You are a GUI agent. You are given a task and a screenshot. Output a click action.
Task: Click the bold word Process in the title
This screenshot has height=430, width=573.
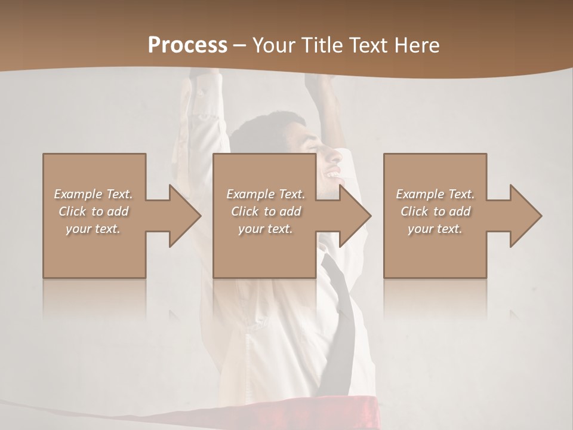(x=187, y=45)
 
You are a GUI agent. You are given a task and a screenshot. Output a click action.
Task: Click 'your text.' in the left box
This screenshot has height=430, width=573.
(x=93, y=229)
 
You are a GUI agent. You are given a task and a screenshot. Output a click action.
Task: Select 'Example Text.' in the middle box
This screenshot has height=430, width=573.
(x=266, y=194)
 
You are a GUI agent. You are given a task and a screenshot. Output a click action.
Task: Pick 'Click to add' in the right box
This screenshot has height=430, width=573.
(x=436, y=211)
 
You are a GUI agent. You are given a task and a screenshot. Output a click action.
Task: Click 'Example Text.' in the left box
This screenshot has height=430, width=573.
(x=93, y=194)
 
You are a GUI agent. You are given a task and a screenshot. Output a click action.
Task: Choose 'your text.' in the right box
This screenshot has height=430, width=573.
(x=436, y=229)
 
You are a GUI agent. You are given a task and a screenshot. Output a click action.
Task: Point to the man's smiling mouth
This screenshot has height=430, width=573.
(x=332, y=174)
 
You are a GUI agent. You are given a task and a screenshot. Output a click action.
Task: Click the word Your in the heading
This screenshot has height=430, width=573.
(x=274, y=45)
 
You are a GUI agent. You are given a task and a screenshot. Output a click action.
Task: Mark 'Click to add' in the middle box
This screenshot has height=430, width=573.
(x=266, y=211)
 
